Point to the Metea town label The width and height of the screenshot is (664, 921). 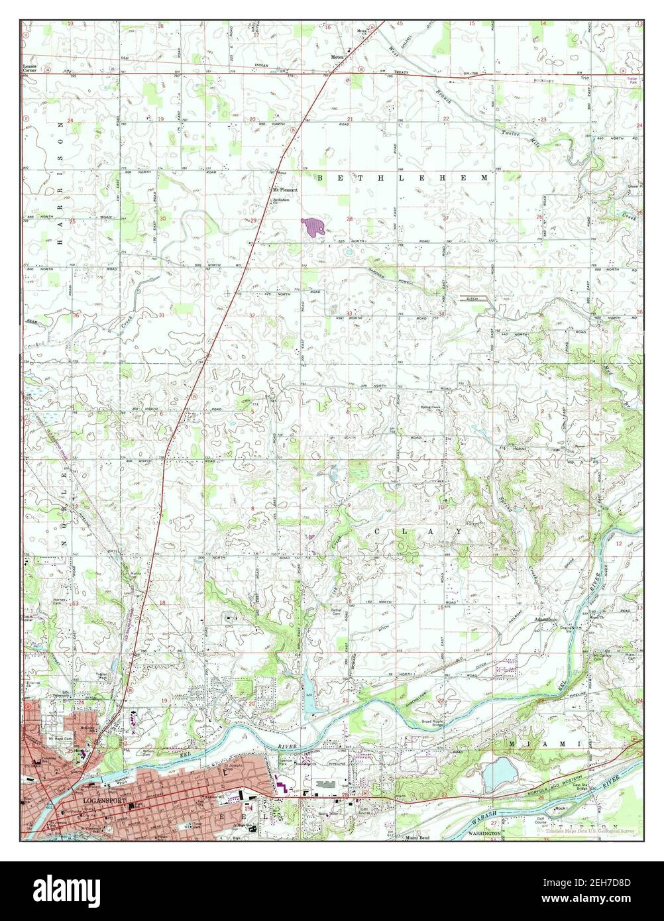tap(337, 58)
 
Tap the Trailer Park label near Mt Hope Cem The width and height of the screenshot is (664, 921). tap(101, 680)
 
